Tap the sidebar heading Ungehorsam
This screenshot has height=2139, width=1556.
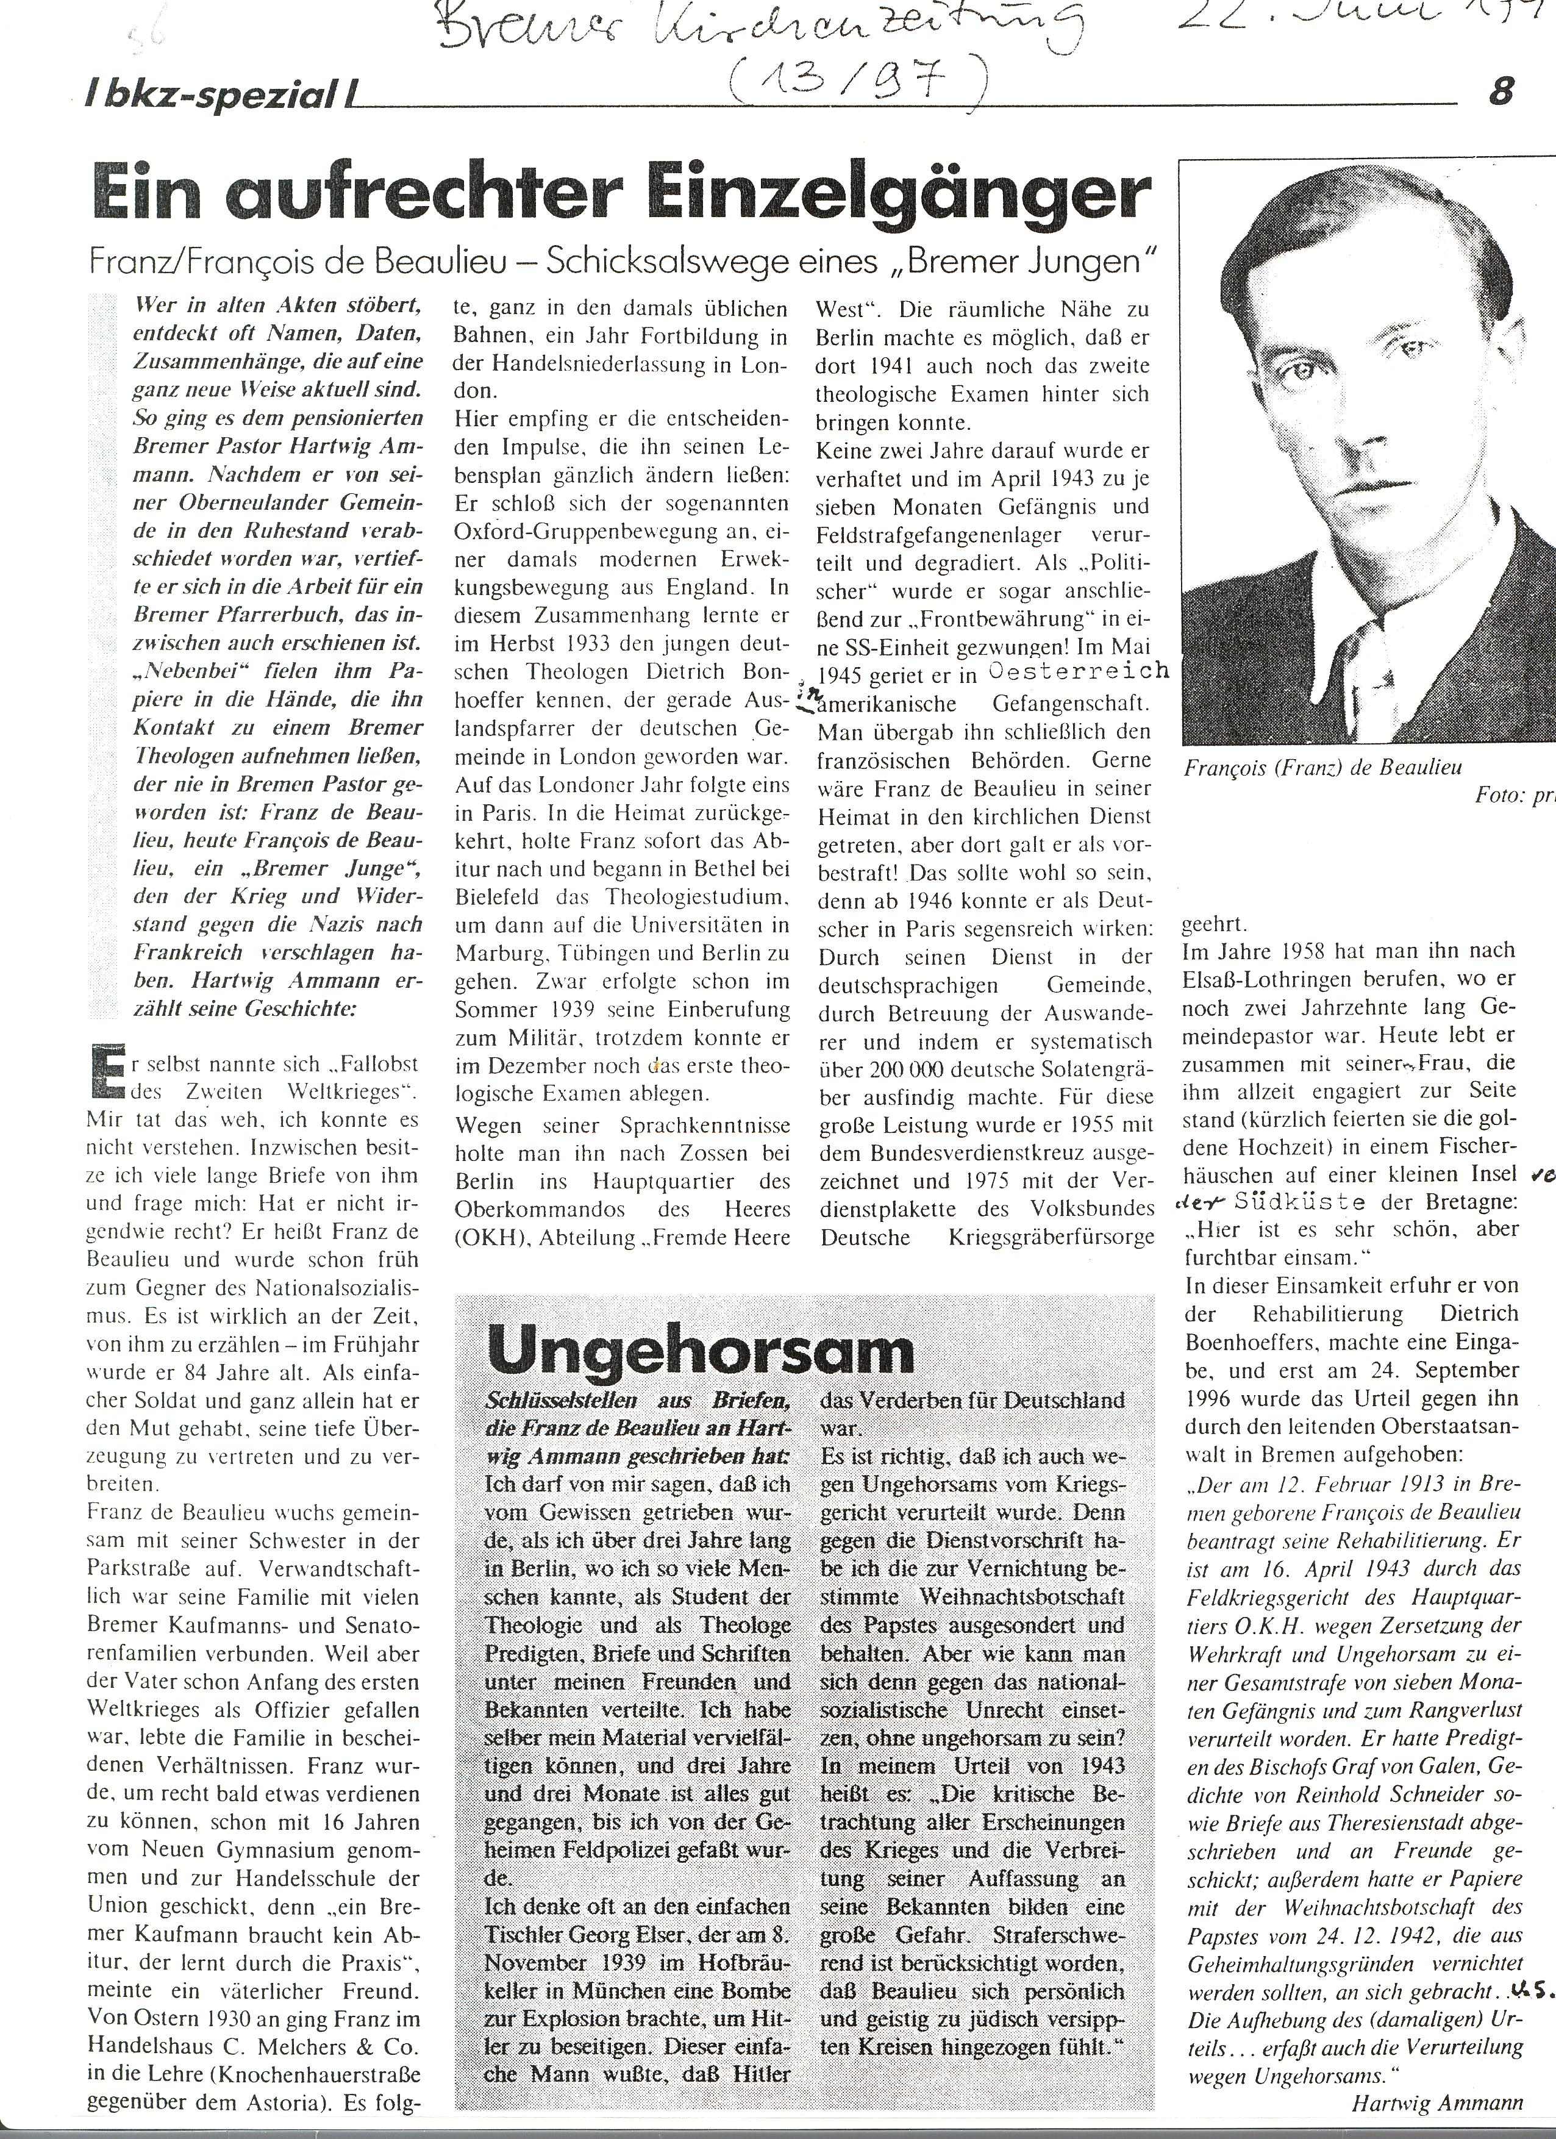coord(702,1351)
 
